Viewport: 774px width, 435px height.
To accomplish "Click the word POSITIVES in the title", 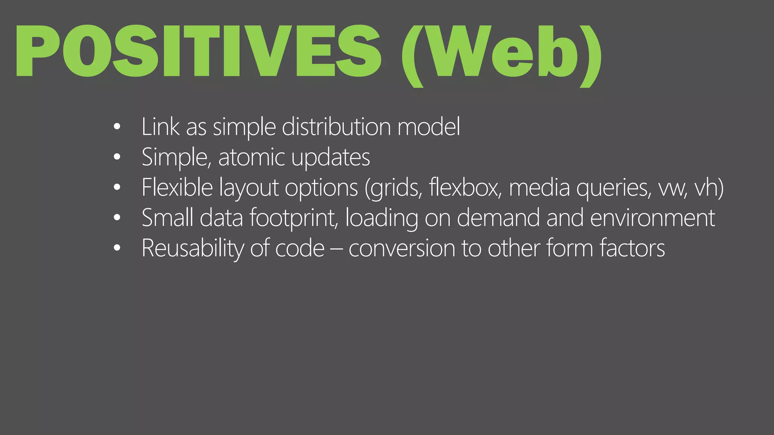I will (x=198, y=51).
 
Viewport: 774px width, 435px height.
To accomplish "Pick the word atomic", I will (x=251, y=157).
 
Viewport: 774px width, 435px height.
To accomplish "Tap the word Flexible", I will (x=177, y=187).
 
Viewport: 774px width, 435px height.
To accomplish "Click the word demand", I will (x=498, y=218).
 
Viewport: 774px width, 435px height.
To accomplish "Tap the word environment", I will (x=652, y=218).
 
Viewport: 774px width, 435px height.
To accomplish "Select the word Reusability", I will (x=193, y=248).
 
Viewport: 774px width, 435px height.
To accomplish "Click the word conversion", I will (x=401, y=248).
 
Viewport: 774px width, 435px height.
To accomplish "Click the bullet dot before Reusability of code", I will (x=117, y=248).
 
